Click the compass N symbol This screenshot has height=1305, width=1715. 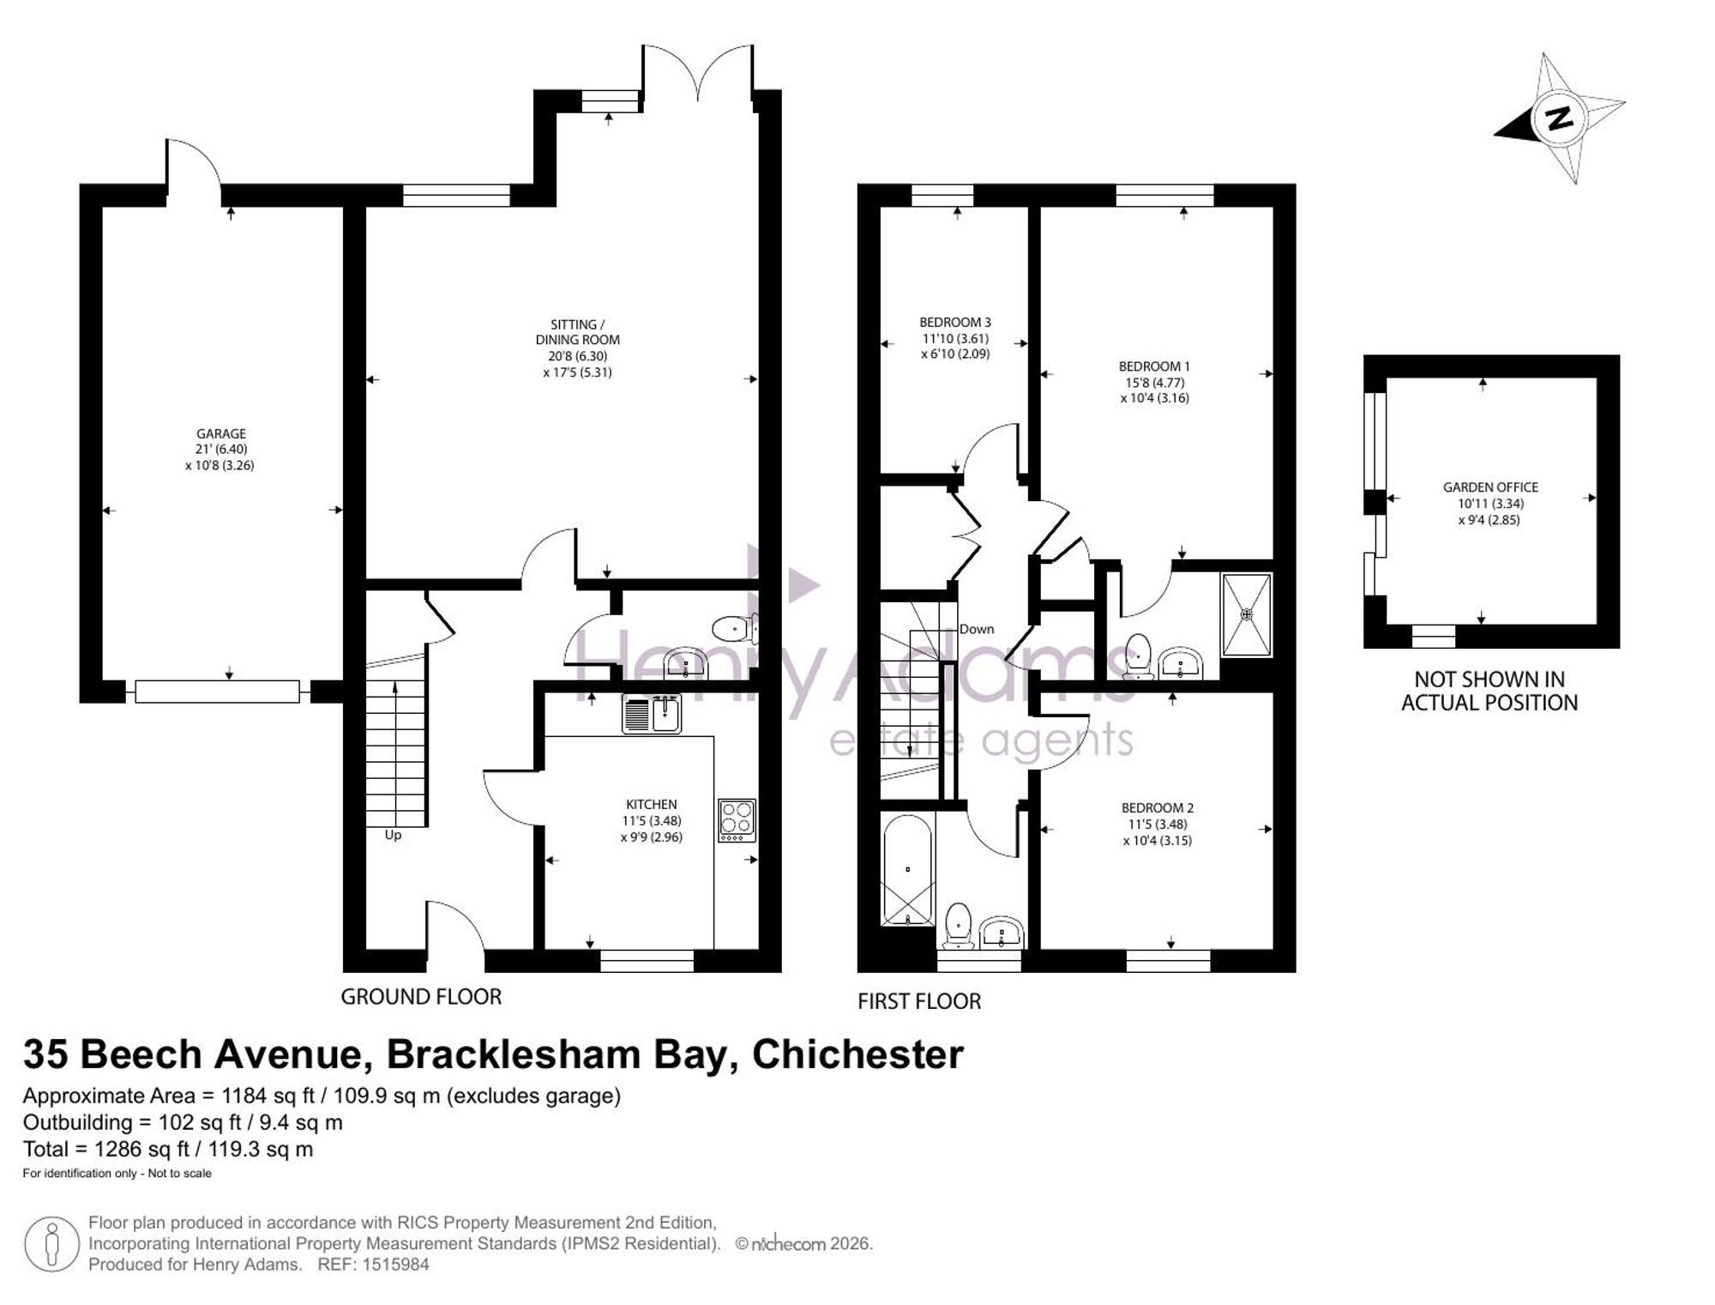click(1560, 118)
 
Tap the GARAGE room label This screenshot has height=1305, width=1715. click(221, 434)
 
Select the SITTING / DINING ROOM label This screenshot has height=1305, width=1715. click(577, 332)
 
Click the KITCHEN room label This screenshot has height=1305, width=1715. click(652, 805)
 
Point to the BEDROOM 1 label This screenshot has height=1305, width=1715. click(1154, 366)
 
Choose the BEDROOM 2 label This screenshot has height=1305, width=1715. click(1158, 808)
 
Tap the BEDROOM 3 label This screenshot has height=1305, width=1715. click(955, 323)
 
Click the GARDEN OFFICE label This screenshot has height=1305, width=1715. click(1490, 487)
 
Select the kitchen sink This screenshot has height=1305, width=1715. click(652, 714)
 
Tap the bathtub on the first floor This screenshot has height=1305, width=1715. click(908, 869)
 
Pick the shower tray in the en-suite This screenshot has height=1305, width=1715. click(1247, 614)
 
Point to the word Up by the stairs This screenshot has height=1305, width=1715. click(393, 835)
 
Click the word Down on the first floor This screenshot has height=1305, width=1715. click(977, 629)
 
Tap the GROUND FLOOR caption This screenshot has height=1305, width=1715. click(421, 997)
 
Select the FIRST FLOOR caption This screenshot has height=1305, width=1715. click(919, 1001)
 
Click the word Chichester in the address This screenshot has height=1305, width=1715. click(857, 1054)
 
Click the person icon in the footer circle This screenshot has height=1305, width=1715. click(52, 1244)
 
